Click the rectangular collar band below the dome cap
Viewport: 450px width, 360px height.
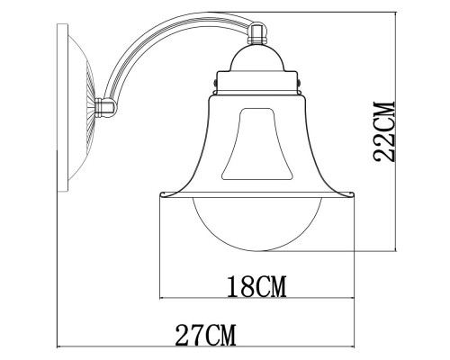258,86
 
